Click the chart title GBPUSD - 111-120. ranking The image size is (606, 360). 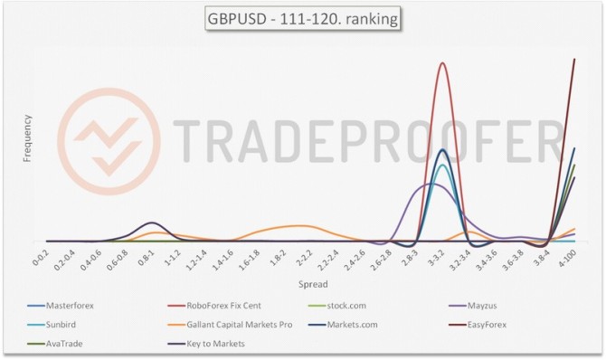[302, 18]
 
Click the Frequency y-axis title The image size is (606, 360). [27, 138]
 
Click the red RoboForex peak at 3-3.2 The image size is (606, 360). [442, 62]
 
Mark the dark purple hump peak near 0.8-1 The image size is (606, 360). [151, 223]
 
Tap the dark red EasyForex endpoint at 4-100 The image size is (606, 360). [574, 60]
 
